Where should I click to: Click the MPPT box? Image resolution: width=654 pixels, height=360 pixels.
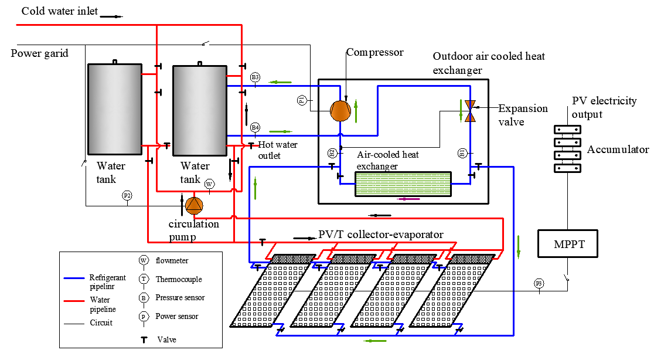coord(567,243)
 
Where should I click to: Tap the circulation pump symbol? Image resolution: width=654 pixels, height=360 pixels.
coord(194,205)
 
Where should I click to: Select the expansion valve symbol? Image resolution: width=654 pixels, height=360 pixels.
coord(470,111)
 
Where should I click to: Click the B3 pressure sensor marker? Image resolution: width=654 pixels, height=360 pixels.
coord(255,77)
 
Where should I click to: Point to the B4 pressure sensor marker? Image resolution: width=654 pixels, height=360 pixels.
coord(255,127)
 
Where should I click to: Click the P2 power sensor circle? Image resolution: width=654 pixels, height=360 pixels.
coord(127,195)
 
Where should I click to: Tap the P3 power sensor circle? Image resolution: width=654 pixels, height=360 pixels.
coord(539,284)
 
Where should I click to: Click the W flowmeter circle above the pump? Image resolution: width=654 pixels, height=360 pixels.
coord(209,184)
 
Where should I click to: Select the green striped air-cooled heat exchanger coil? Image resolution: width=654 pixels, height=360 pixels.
coord(403,184)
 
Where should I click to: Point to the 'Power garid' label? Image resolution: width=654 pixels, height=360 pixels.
coord(40,53)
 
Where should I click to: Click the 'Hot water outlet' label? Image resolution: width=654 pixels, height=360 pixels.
coord(278,150)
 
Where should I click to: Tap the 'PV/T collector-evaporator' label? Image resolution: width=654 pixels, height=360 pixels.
coord(381,235)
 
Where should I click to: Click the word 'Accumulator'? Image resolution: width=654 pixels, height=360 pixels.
coord(618,150)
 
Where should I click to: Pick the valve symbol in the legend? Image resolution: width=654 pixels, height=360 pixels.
coord(143,339)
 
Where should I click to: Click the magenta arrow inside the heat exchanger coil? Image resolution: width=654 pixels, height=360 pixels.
coord(408,199)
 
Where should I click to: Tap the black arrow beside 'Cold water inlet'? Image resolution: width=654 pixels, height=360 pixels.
coord(111,16)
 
